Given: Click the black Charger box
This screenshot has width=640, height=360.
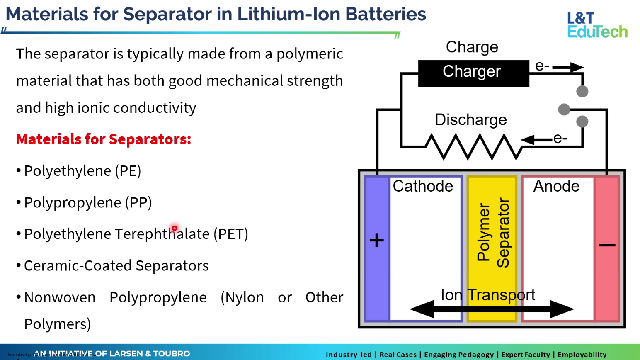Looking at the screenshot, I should (473, 73).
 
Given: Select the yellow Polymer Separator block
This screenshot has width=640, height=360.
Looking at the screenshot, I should (492, 249).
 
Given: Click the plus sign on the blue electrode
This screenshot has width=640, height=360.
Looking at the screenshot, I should (376, 241).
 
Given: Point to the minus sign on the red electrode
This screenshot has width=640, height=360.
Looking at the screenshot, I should (607, 245).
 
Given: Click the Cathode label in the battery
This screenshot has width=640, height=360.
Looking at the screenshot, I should (423, 186).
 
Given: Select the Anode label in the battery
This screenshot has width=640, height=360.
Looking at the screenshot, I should (556, 186).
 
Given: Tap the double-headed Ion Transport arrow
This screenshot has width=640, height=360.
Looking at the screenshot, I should (492, 309).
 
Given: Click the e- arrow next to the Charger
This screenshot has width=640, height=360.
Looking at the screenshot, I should (567, 67).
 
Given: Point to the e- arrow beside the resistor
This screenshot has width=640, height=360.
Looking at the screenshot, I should (537, 139).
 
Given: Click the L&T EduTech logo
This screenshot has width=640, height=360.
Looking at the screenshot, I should (597, 25).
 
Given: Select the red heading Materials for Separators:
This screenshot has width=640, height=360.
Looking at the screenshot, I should (104, 139).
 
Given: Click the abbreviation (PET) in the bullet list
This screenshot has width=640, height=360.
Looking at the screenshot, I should (231, 234).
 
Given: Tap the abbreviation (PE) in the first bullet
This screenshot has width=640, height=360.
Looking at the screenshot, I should (128, 171).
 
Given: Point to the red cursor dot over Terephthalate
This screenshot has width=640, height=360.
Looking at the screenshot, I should (175, 228).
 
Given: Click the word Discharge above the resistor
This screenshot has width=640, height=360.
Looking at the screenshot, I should (470, 120).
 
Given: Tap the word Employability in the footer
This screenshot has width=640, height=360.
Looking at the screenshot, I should (582, 355).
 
